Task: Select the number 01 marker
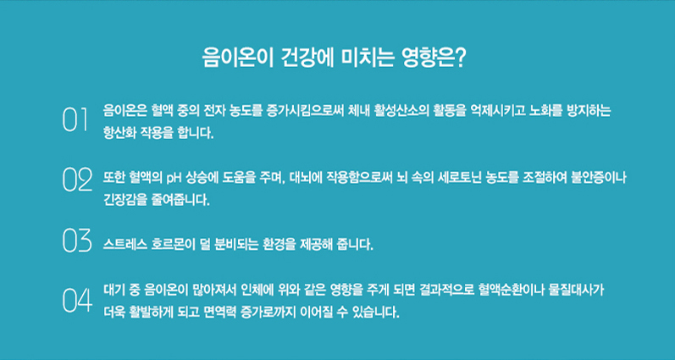tap(75, 121)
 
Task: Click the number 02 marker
tap(76, 180)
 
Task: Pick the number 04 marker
tap(76, 300)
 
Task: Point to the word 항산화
tap(120, 133)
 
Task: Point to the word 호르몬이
tap(181, 246)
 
